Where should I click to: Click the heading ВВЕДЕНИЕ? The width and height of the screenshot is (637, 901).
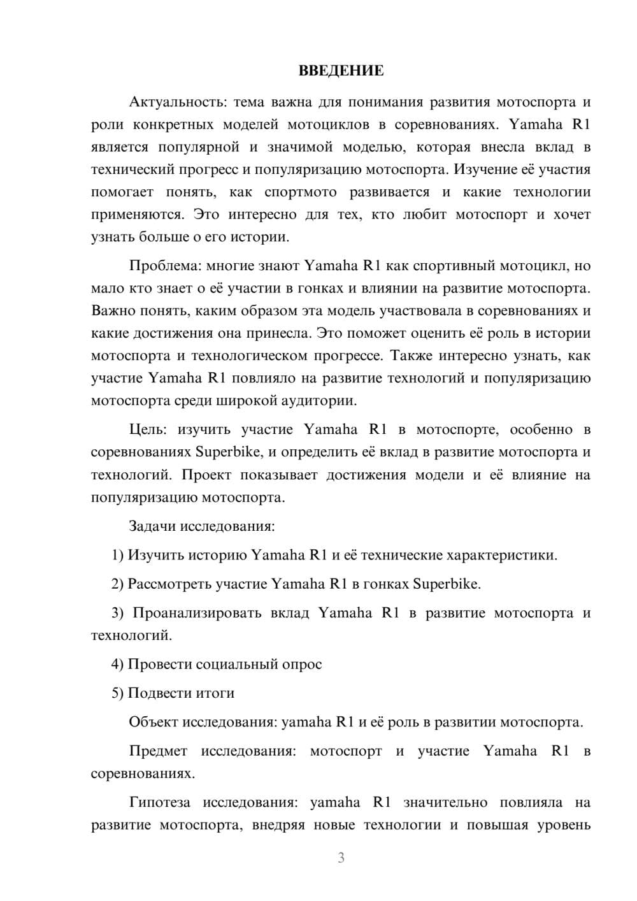pyautogui.click(x=341, y=71)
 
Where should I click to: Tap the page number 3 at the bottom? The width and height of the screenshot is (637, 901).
pyautogui.click(x=341, y=858)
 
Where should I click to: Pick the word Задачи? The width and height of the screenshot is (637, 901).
pyautogui.click(x=152, y=526)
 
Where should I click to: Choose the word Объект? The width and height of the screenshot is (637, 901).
pyautogui.click(x=154, y=722)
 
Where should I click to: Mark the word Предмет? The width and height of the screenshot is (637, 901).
pyautogui.click(x=158, y=751)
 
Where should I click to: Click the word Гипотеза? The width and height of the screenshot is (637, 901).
pyautogui.click(x=159, y=802)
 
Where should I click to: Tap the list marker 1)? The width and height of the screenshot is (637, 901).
pyautogui.click(x=117, y=555)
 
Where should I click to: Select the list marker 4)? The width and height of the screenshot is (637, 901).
pyautogui.click(x=117, y=664)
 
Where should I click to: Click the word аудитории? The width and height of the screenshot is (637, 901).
pyautogui.click(x=323, y=401)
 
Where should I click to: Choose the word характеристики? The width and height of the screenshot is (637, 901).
pyautogui.click(x=502, y=555)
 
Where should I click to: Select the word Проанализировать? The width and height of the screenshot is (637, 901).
pyautogui.click(x=196, y=613)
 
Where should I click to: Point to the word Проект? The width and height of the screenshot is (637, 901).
pyautogui.click(x=206, y=475)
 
